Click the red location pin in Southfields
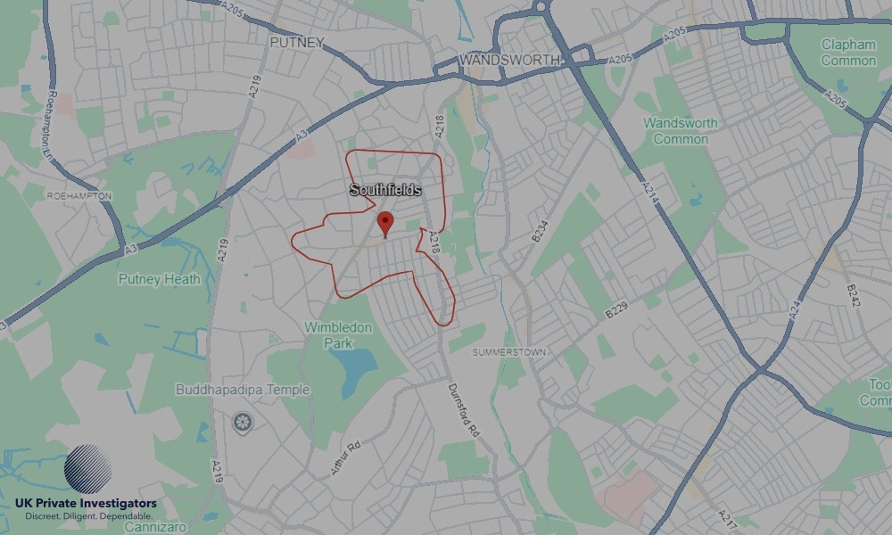pyautogui.click(x=385, y=223)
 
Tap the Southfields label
pyautogui.click(x=385, y=191)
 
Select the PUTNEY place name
pyautogui.click(x=297, y=42)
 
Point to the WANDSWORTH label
pyautogui.click(x=510, y=60)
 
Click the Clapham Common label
pyautogui.click(x=848, y=53)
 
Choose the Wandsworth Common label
pyautogui.click(x=681, y=130)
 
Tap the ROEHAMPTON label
pyautogui.click(x=78, y=195)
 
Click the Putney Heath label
pyautogui.click(x=160, y=279)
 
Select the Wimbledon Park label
pyautogui.click(x=338, y=335)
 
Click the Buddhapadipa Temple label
pyautogui.click(x=244, y=390)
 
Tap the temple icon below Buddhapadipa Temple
pyautogui.click(x=241, y=421)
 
